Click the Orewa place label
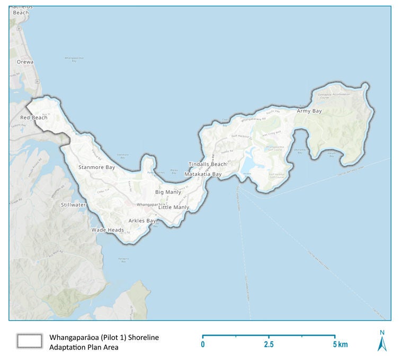pos(25,62)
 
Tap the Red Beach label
pos(34,118)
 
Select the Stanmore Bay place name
pos(96,167)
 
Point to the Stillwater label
pos(73,204)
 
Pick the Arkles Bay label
pos(142,220)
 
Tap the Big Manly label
pos(168,192)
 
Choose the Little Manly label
pos(174,207)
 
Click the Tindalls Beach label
pos(208,165)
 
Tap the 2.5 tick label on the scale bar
pos(269,345)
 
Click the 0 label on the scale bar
pos(203,345)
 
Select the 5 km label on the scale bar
pos(341,345)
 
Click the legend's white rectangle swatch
pos(29,341)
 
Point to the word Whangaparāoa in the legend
pos(76,337)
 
